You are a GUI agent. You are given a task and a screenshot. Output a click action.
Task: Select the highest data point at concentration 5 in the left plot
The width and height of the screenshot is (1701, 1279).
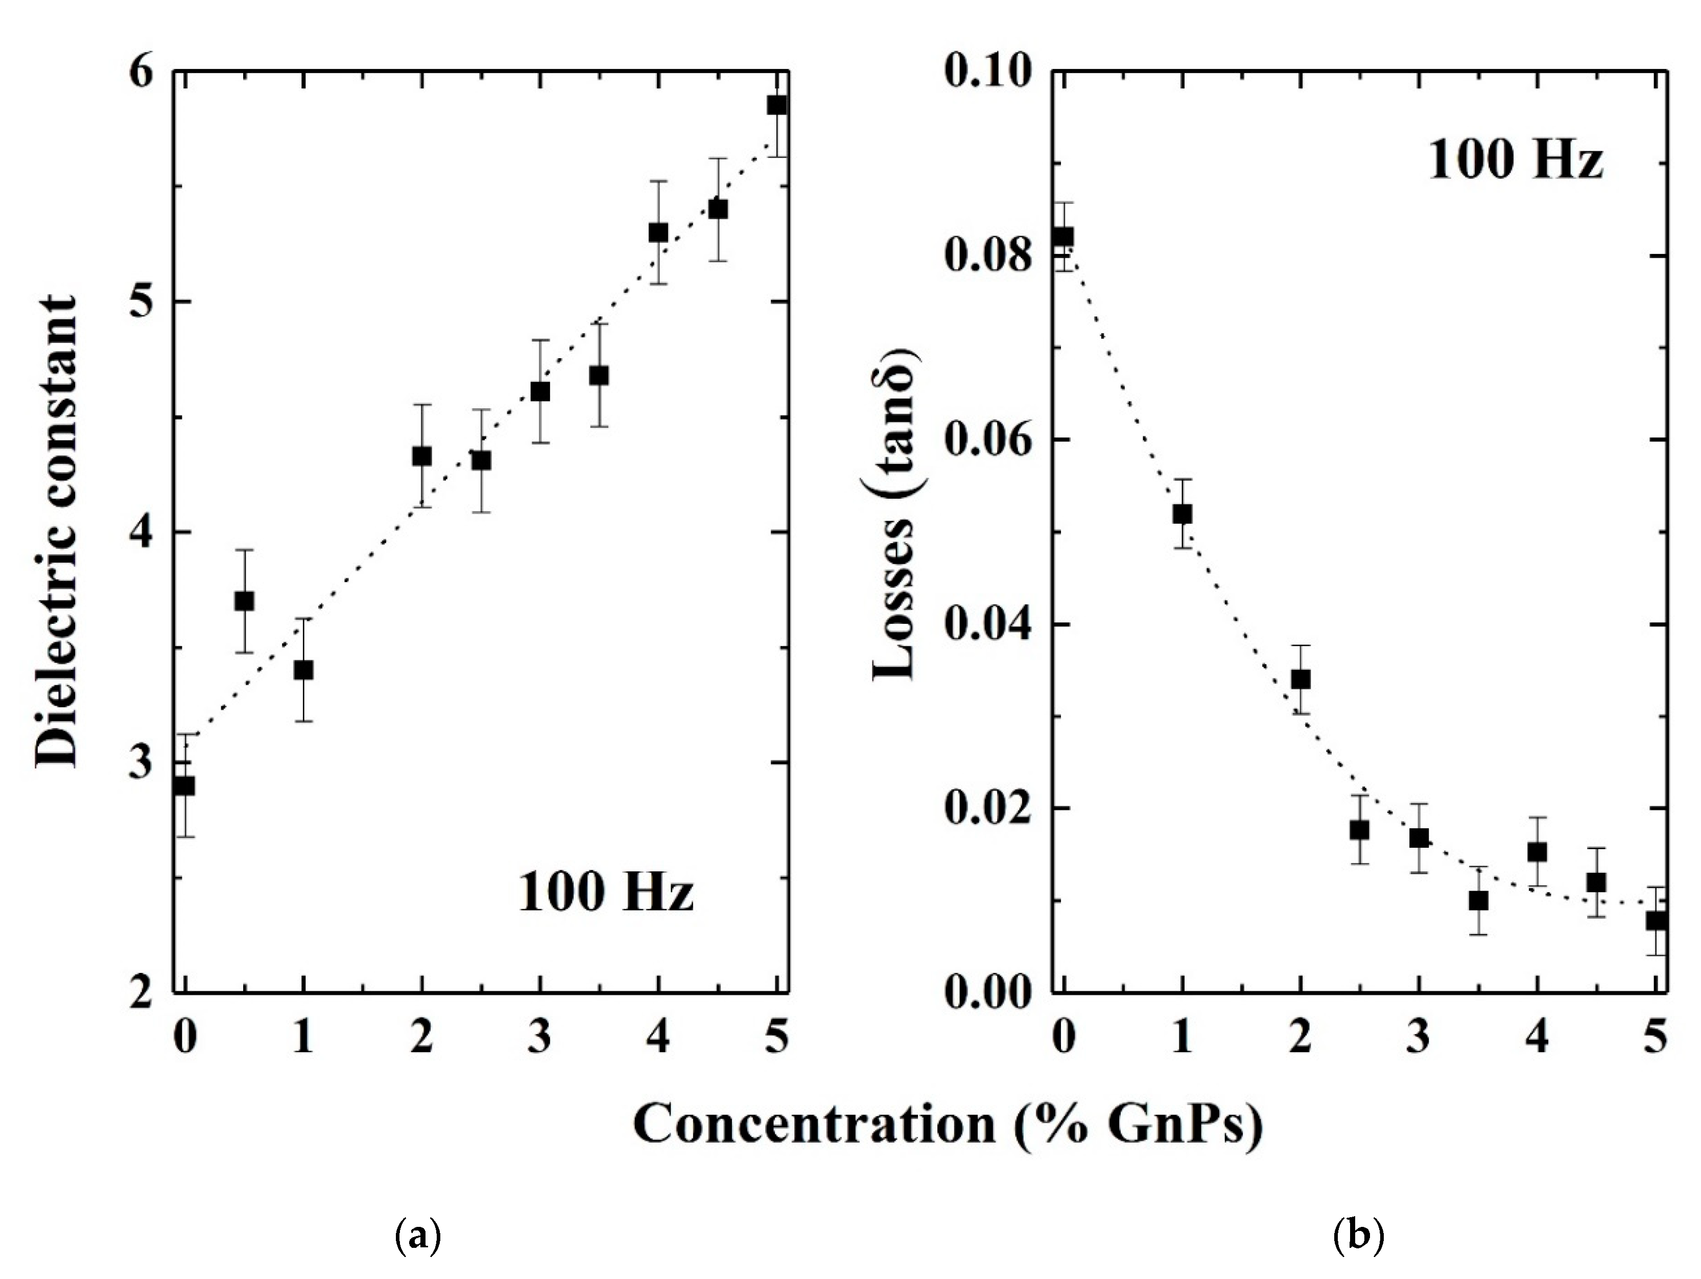(x=777, y=105)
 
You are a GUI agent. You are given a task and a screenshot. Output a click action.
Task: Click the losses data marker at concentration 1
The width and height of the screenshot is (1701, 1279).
(x=1182, y=514)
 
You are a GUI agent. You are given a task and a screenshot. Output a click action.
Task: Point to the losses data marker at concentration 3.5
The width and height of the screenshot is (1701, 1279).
(x=1478, y=900)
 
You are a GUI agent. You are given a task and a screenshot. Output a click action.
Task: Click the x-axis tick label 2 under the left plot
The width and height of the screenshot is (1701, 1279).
(x=421, y=1037)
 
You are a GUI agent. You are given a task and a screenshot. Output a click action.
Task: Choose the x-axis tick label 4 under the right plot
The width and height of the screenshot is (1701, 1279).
(x=1537, y=1037)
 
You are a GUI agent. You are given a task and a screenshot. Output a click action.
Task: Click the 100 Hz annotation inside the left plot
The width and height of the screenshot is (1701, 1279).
(x=606, y=893)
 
